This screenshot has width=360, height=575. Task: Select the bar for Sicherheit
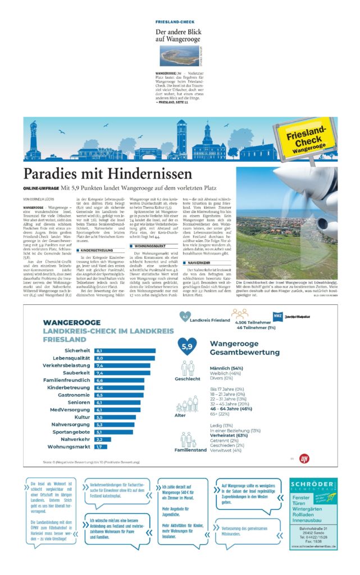tap(125, 350)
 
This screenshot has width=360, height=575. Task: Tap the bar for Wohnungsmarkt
tap(101, 446)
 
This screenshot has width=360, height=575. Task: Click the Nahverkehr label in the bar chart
tap(77, 439)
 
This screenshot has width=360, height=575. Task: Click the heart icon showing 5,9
tap(188, 346)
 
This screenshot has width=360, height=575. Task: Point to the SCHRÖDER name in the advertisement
tap(313, 484)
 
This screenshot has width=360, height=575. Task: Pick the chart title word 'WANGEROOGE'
tap(72, 322)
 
